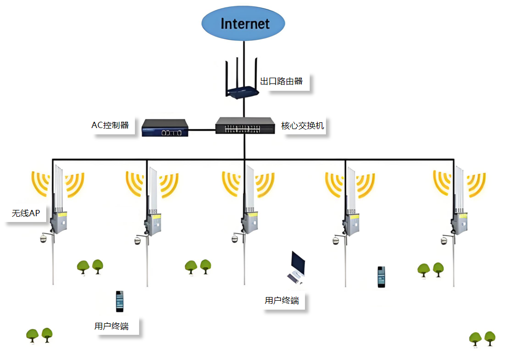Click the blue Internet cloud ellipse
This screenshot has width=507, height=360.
pos(244,23)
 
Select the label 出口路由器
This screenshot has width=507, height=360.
pos(282,81)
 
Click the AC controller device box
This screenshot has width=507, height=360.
pos(165,128)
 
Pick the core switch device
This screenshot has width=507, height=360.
pos(245,125)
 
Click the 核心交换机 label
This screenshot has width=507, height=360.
pos(303,125)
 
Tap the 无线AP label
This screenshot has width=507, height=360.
pos(26,214)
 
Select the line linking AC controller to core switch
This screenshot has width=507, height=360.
pos(202,129)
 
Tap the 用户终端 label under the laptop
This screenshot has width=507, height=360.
pos(282,301)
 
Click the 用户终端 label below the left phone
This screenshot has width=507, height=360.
pos(112,326)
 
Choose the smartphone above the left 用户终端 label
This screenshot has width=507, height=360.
pos(120,301)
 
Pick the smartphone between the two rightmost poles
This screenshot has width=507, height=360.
pos(382,277)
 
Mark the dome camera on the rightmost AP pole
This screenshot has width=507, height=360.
pos(444,241)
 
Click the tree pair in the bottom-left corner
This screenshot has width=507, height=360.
pos(40,334)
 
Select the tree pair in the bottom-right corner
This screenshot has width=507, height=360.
pos(482,338)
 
